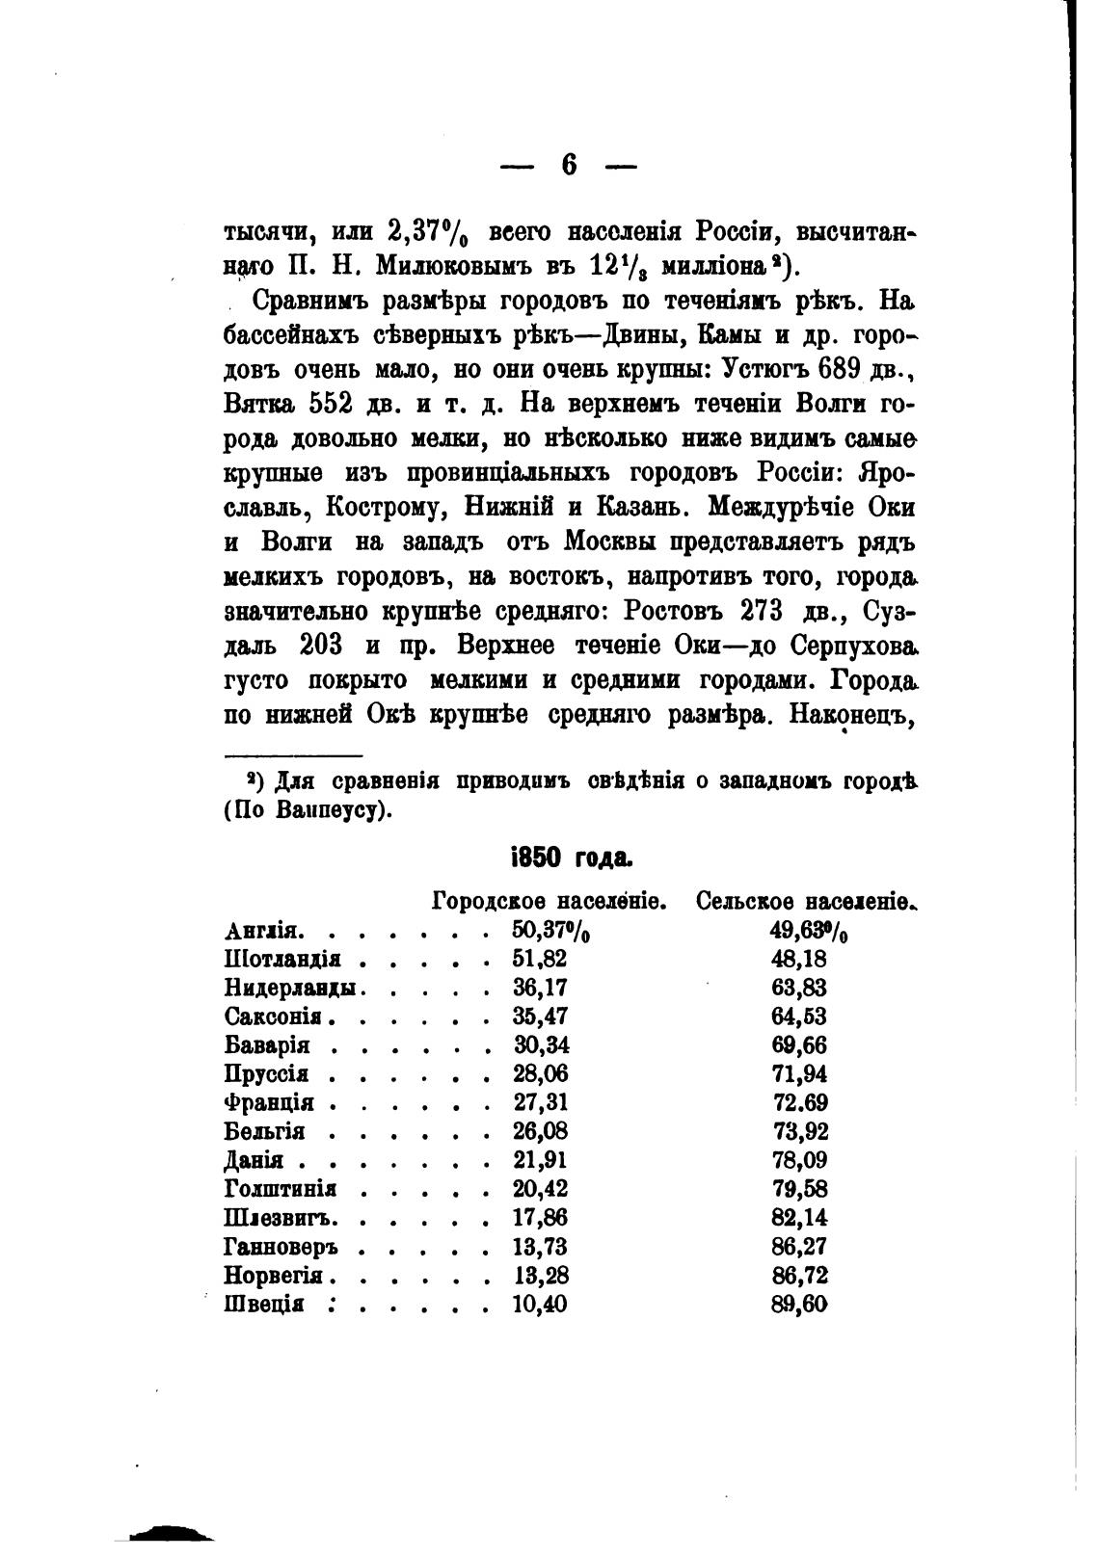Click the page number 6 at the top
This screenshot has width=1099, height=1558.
click(568, 166)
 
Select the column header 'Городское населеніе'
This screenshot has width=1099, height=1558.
click(549, 903)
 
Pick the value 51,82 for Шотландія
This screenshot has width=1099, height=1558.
click(539, 960)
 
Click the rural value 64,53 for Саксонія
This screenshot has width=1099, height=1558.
click(799, 1017)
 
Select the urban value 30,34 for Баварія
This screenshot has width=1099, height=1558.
click(539, 1046)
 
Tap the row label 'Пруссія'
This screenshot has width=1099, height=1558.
click(266, 1074)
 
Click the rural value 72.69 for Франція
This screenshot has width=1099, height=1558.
click(800, 1103)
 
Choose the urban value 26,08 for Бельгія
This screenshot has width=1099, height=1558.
click(539, 1132)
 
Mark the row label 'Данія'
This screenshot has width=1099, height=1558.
click(254, 1161)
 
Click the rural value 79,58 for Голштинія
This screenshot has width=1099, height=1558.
click(799, 1189)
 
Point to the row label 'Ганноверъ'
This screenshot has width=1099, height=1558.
click(281, 1247)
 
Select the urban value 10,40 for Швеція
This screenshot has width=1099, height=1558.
click(539, 1305)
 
